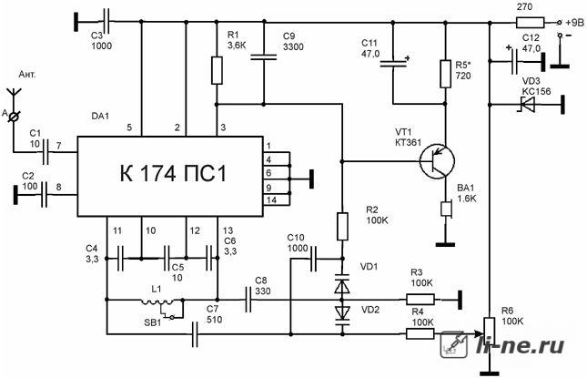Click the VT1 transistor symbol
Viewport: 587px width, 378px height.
click(x=437, y=161)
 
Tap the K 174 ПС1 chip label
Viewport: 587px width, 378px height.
click(x=173, y=173)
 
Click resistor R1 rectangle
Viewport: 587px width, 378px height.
click(x=218, y=70)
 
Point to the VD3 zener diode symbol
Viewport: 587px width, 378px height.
click(x=526, y=105)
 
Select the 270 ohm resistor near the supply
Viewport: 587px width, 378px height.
click(x=530, y=23)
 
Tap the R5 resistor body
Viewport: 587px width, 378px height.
click(x=445, y=74)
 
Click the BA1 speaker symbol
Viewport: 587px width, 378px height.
click(x=447, y=209)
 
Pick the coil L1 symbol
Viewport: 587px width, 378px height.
click(x=157, y=301)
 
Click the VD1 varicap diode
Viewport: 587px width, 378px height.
click(x=342, y=284)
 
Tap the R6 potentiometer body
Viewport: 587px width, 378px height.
click(x=490, y=332)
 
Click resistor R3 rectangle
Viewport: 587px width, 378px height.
click(x=420, y=300)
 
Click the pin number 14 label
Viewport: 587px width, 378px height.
click(x=271, y=200)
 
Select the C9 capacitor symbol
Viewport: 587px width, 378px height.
click(x=264, y=57)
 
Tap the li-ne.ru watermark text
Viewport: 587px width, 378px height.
click(x=520, y=345)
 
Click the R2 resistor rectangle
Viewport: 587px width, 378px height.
click(x=342, y=226)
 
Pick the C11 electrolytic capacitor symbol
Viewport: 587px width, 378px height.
click(x=393, y=63)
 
